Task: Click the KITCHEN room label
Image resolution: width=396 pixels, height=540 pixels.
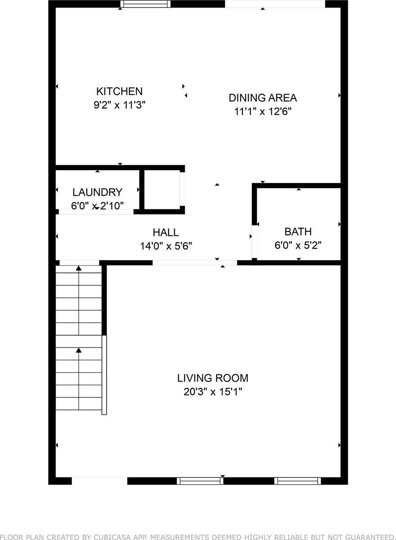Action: [119, 91]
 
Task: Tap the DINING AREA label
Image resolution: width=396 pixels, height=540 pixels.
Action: [263, 98]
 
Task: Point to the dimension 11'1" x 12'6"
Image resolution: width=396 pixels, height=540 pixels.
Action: [263, 112]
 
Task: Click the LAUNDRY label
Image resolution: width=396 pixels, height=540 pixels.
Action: [97, 193]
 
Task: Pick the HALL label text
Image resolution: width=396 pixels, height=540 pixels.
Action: [166, 232]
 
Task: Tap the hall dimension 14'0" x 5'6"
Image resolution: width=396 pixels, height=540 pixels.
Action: [166, 246]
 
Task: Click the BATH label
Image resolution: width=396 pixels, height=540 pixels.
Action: [298, 232]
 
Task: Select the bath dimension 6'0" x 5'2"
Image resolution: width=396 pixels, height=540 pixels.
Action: [298, 246]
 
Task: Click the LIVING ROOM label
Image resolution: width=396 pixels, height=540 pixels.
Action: [213, 378]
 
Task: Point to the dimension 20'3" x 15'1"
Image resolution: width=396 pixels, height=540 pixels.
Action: [213, 392]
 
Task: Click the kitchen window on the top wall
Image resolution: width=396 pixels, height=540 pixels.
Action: [145, 4]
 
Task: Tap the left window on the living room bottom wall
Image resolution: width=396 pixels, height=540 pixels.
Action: [200, 481]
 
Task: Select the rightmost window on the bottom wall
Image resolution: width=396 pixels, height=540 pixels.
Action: [298, 481]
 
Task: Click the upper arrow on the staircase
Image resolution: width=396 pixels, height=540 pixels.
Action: [79, 269]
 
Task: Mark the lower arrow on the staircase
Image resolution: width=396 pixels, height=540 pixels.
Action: [79, 350]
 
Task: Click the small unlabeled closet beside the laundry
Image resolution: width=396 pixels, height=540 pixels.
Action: [162, 189]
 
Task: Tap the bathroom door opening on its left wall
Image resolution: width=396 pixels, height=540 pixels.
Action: [254, 241]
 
